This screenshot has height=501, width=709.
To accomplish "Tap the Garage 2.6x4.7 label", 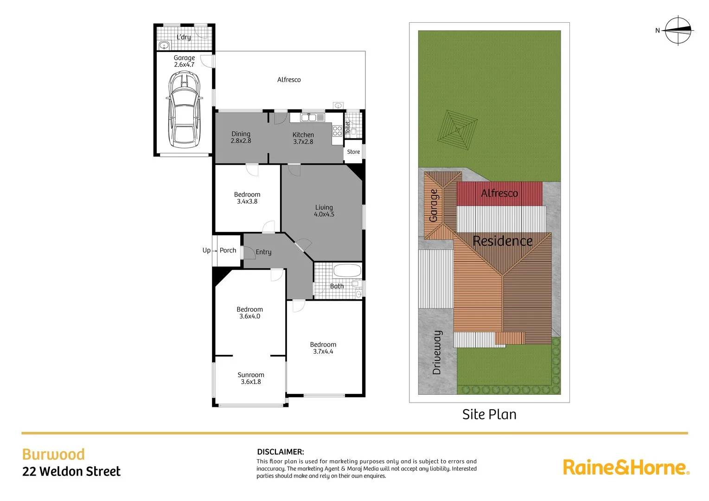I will pyautogui.click(x=184, y=61).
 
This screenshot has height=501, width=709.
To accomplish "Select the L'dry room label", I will pyautogui.click(x=184, y=37).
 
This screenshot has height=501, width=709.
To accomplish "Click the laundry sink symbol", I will pyautogui.click(x=164, y=45).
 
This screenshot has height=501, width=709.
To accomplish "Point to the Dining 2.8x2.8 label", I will pyautogui.click(x=241, y=137).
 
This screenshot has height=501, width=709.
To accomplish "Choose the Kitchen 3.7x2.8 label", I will pyautogui.click(x=303, y=138).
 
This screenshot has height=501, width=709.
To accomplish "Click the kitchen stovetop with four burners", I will pyautogui.click(x=337, y=130).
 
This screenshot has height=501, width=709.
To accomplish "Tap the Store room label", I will pyautogui.click(x=353, y=152).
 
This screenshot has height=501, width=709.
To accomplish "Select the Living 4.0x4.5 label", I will pyautogui.click(x=324, y=211).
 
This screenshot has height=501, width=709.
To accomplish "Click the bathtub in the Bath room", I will pyautogui.click(x=347, y=270).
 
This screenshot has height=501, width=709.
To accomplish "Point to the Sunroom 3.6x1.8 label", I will pyautogui.click(x=251, y=378).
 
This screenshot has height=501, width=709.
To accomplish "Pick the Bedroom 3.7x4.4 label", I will pyautogui.click(x=323, y=348).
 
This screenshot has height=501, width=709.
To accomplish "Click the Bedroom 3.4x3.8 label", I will pyautogui.click(x=247, y=198).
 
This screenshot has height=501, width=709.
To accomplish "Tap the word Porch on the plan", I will pyautogui.click(x=228, y=250).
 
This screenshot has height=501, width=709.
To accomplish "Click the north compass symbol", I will pyautogui.click(x=678, y=31).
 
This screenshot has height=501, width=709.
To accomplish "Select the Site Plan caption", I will pyautogui.click(x=489, y=414).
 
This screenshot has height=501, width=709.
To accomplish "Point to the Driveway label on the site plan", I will pyautogui.click(x=437, y=352).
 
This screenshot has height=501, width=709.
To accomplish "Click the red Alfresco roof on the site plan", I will pyautogui.click(x=499, y=193).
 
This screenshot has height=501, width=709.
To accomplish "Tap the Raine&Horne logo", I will pyautogui.click(x=626, y=467).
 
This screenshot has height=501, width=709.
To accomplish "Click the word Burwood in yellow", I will pyautogui.click(x=53, y=454).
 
